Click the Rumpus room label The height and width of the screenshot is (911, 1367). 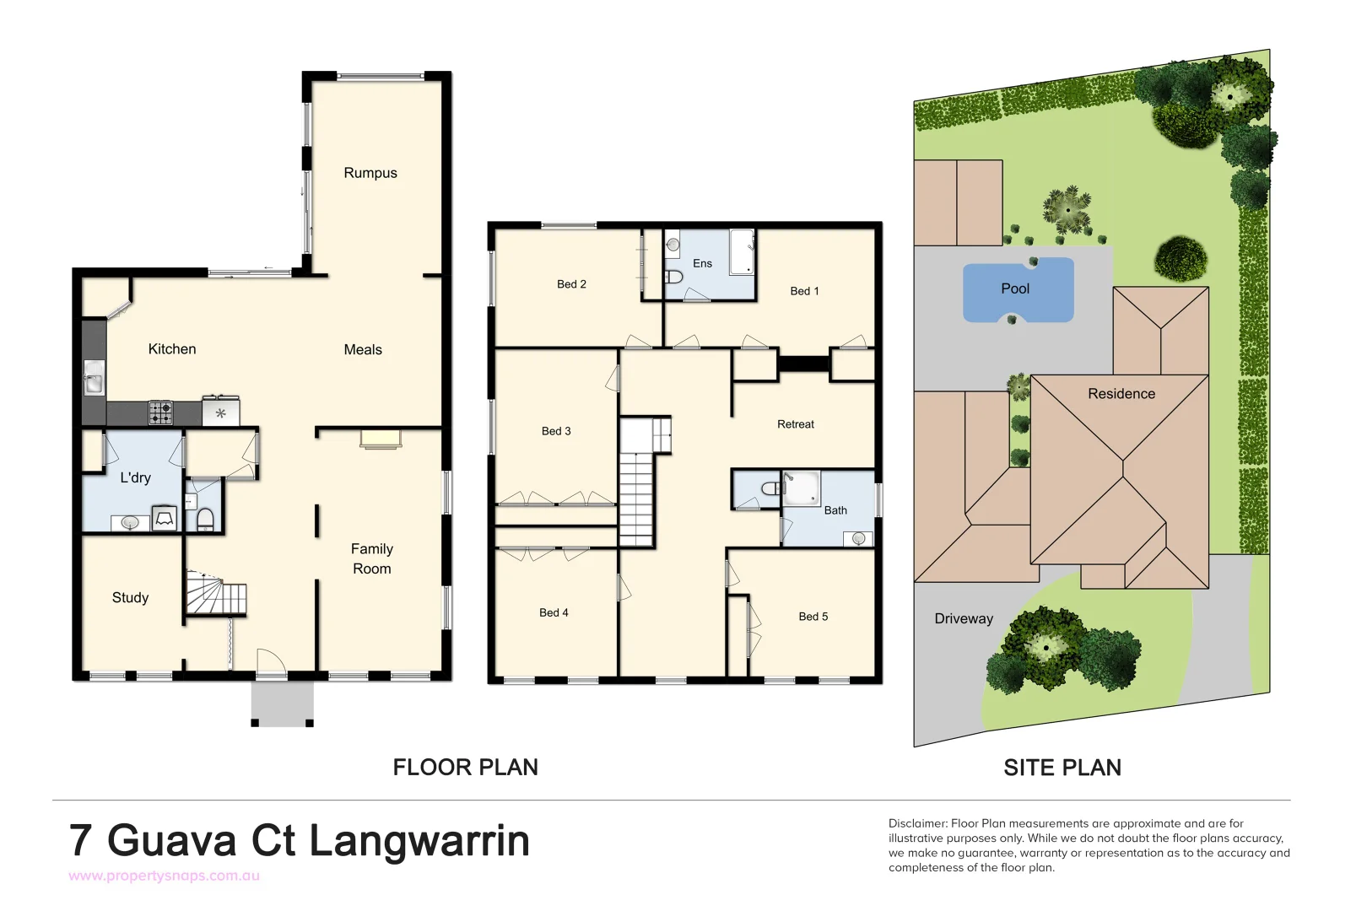pyautogui.click(x=370, y=173)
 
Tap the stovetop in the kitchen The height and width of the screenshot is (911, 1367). pyautogui.click(x=161, y=412)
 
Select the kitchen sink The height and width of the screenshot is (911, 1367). pyautogui.click(x=94, y=378)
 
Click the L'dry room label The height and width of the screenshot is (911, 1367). pyautogui.click(x=135, y=477)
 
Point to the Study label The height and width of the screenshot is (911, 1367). pyautogui.click(x=130, y=597)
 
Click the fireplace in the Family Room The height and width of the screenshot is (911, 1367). pyautogui.click(x=381, y=438)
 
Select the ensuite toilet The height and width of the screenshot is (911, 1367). pyautogui.click(x=673, y=277)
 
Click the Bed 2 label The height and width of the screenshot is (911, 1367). pyautogui.click(x=571, y=284)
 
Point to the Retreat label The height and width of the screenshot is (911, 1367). pyautogui.click(x=795, y=424)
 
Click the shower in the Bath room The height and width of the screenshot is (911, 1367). pyautogui.click(x=801, y=488)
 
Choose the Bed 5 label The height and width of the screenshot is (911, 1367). pyautogui.click(x=813, y=617)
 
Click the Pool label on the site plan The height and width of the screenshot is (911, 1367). pyautogui.click(x=1015, y=288)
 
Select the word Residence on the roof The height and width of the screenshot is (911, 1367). pyautogui.click(x=1121, y=394)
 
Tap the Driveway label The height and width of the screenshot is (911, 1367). pyautogui.click(x=964, y=618)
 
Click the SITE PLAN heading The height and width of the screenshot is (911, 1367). pyautogui.click(x=1062, y=768)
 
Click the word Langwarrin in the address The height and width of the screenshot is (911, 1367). pyautogui.click(x=419, y=841)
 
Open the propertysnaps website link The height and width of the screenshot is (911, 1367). pyautogui.click(x=164, y=876)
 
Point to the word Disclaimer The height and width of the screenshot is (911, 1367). pyautogui.click(x=917, y=823)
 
